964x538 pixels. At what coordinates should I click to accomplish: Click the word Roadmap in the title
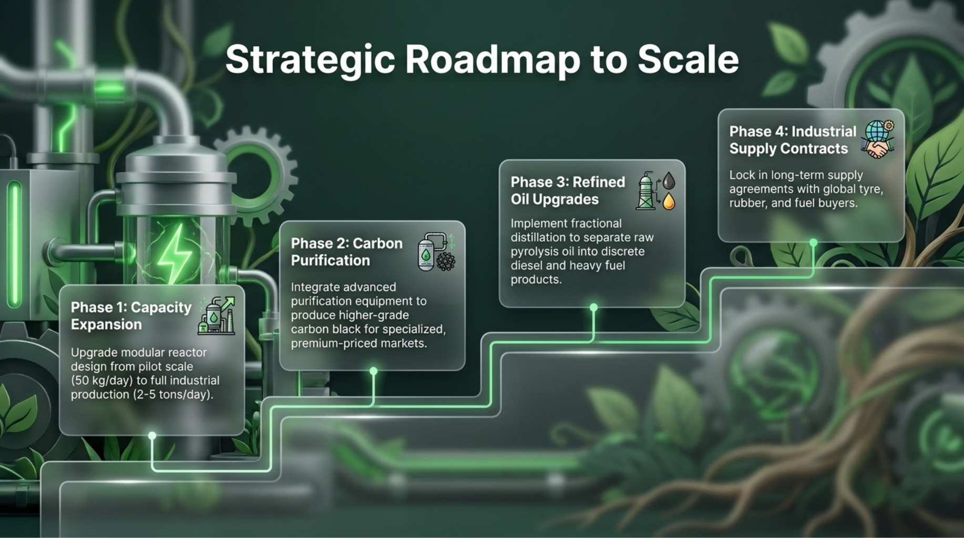(x=493, y=59)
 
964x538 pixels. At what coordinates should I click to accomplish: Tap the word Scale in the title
(x=688, y=59)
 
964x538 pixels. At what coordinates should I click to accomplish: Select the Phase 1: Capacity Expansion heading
(x=131, y=316)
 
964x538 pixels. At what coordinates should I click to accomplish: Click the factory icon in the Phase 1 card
(x=217, y=316)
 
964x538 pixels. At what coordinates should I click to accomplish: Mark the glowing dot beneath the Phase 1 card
(x=152, y=436)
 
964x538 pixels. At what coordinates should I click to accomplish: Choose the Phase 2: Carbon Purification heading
(x=347, y=252)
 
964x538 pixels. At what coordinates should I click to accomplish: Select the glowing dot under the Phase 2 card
(x=374, y=371)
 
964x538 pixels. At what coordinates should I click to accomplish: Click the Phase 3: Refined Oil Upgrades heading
(x=568, y=190)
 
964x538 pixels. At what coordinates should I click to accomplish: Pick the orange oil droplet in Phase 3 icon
(x=669, y=201)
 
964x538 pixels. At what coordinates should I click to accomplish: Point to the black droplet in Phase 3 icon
(x=669, y=181)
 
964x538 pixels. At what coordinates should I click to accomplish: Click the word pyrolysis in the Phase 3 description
(x=535, y=252)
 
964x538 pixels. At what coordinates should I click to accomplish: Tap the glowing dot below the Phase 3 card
(x=593, y=307)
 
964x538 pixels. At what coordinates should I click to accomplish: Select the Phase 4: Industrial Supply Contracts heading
(x=793, y=140)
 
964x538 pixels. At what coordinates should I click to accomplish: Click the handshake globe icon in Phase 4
(x=878, y=139)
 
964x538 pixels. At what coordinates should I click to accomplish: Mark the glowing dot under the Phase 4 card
(x=813, y=243)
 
